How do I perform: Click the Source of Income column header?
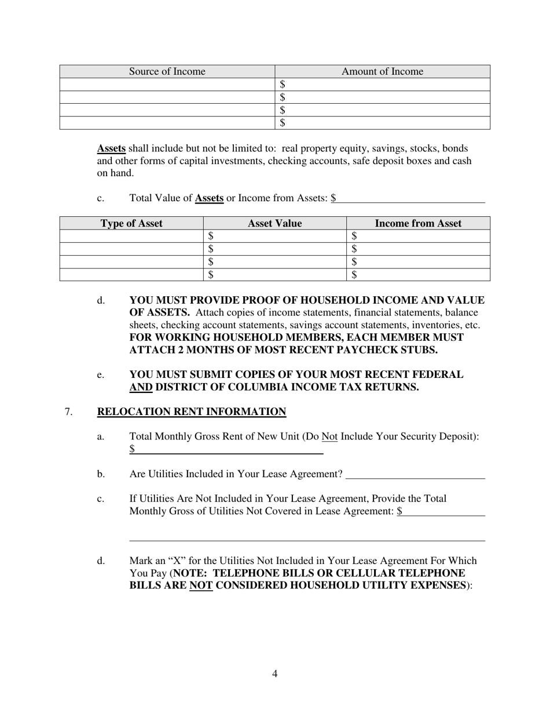167,72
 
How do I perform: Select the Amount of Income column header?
382,72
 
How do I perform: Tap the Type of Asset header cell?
131,223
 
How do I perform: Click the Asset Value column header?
274,223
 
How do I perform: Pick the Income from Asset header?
418,223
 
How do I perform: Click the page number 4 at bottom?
274,674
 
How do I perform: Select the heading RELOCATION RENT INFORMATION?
191,412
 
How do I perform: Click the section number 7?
68,412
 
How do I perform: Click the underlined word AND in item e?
141,387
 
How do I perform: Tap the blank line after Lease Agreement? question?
415,474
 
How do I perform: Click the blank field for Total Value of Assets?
410,198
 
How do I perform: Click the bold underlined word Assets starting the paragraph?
111,148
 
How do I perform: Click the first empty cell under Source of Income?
167,85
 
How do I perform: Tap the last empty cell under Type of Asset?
131,275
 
